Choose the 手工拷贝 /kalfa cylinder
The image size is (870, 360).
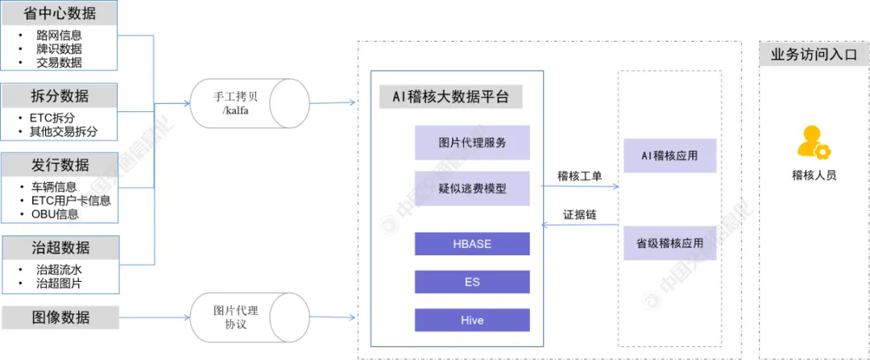coord(250,102)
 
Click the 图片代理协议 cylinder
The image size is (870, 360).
coord(250,317)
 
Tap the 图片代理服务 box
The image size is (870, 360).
coord(472,143)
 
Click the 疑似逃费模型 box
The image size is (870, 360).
coord(472,188)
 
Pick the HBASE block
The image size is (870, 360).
coord(472,244)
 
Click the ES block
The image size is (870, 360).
coord(472,282)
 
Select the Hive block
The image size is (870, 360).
coord(472,320)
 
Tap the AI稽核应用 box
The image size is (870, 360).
coord(669,155)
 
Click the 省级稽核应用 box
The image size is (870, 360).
coord(669,242)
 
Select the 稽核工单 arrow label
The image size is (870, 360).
coord(579,175)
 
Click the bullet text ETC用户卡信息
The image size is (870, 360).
coord(71,201)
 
